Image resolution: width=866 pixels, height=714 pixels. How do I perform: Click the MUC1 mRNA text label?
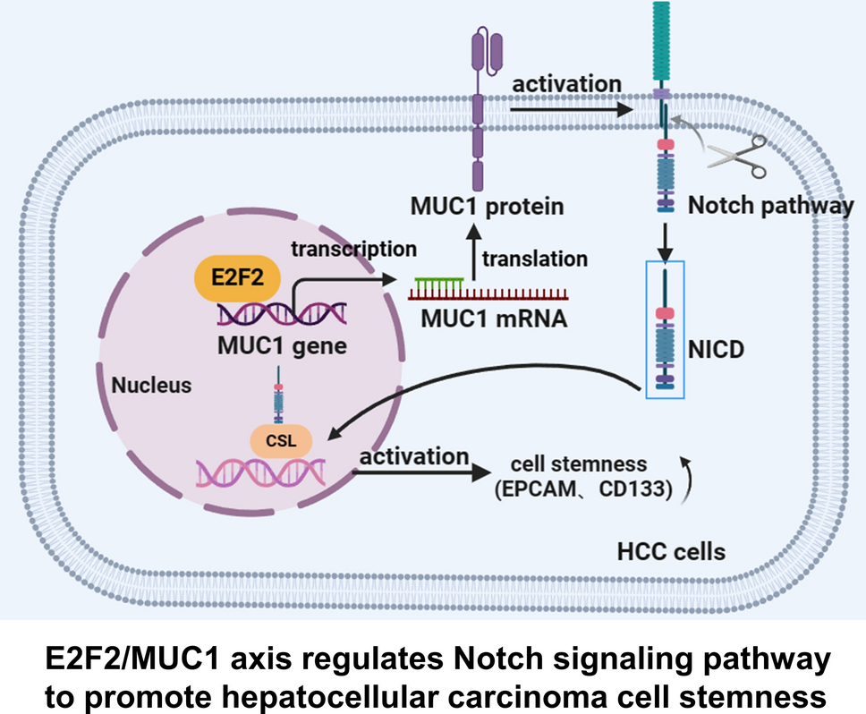click(x=491, y=318)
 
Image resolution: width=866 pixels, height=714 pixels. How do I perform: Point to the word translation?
click(x=535, y=259)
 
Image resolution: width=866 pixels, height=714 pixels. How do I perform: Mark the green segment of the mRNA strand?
click(x=437, y=284)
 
